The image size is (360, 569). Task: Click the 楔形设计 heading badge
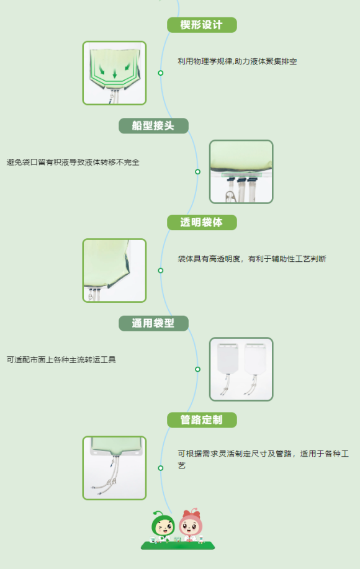(x=202, y=25)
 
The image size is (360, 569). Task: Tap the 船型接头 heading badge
(x=153, y=126)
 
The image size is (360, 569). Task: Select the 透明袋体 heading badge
(x=202, y=222)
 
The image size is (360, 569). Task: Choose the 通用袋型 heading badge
(x=153, y=323)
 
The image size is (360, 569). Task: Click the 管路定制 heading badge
(x=202, y=420)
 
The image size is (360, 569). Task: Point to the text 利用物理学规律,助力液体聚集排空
(x=237, y=61)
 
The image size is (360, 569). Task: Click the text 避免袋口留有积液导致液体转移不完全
(x=73, y=162)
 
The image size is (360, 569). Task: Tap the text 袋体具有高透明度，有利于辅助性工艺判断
(x=252, y=259)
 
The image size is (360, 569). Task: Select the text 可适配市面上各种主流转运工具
(x=61, y=360)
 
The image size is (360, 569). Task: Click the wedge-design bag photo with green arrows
(x=114, y=73)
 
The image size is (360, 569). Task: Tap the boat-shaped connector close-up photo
(x=241, y=172)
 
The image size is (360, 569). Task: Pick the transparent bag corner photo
(x=114, y=271)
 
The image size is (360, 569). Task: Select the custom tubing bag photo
(x=114, y=468)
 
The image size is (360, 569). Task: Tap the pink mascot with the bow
(x=191, y=524)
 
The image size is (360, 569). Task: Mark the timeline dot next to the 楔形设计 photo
(x=160, y=73)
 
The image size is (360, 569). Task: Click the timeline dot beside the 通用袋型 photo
(x=197, y=369)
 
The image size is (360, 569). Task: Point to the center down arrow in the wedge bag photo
(x=115, y=74)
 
